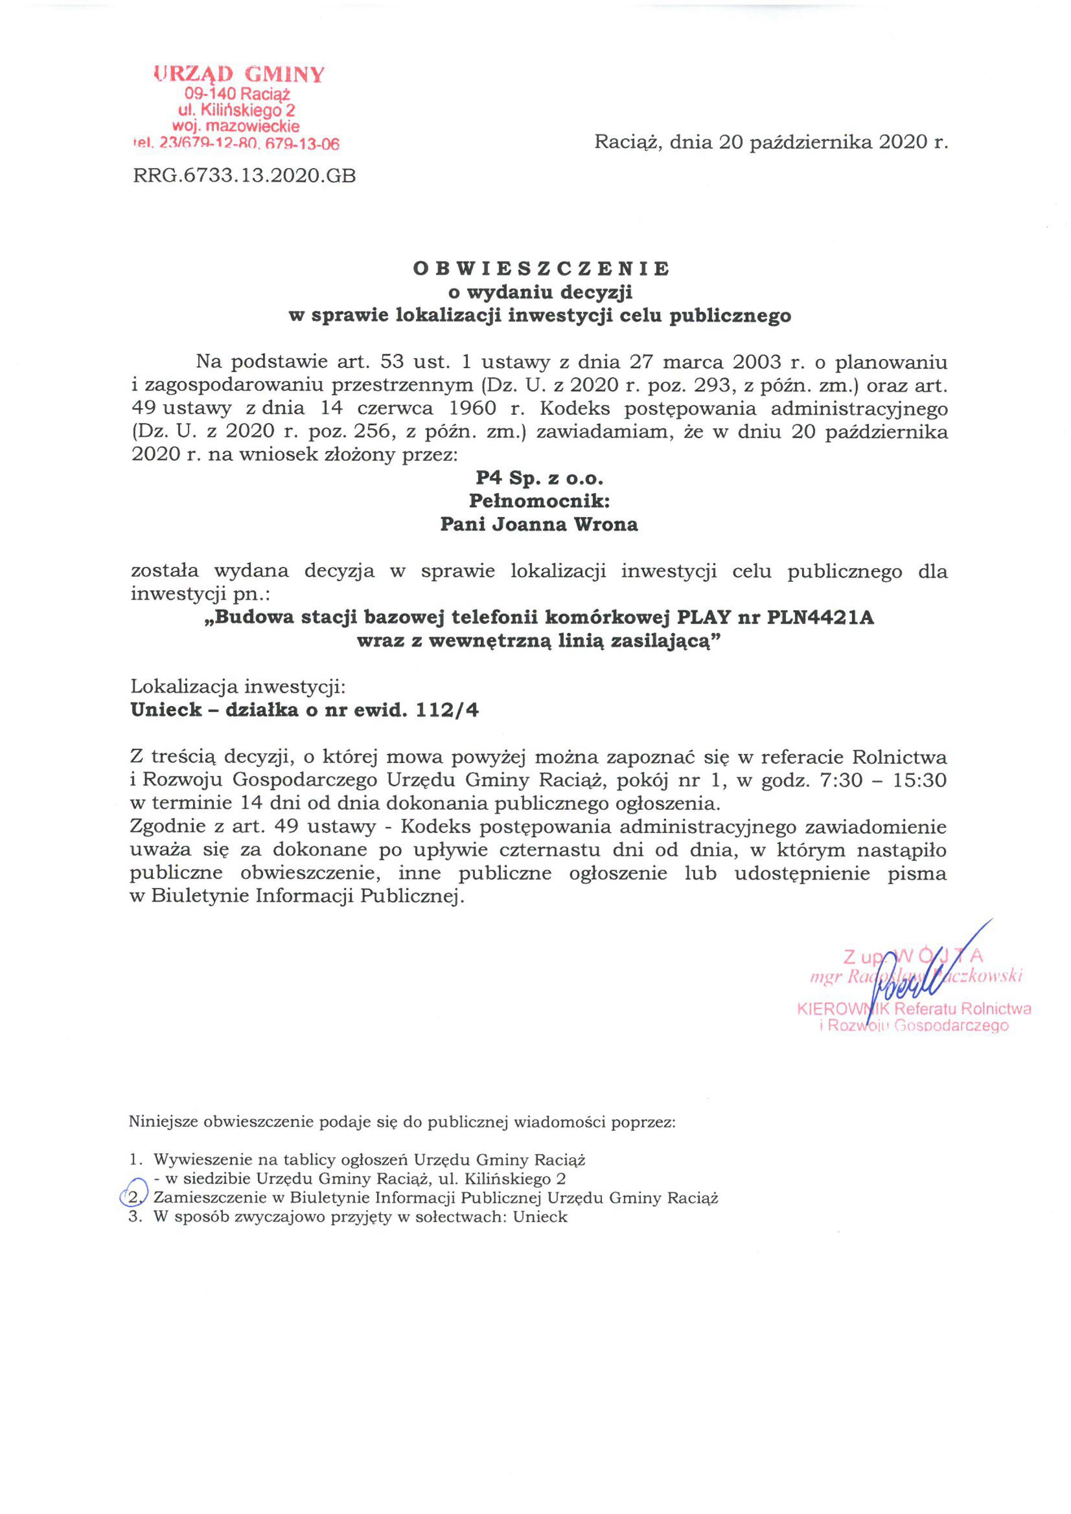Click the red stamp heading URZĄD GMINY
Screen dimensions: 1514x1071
tap(239, 74)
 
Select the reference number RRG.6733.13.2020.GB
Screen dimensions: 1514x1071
tap(244, 175)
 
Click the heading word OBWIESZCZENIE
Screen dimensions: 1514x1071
tap(541, 268)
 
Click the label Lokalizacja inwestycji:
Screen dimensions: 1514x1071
tap(238, 687)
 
